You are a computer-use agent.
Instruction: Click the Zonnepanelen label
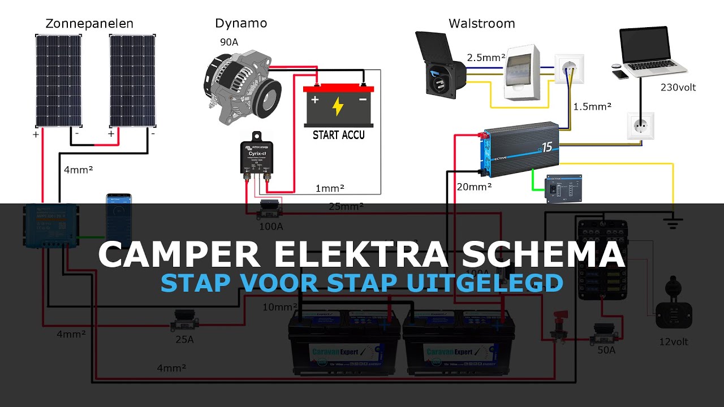pos(89,24)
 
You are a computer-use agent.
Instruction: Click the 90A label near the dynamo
pos(230,42)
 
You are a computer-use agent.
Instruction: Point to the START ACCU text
pos(339,135)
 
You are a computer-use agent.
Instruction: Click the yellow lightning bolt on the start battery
pos(338,106)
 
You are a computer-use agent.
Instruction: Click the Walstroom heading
pos(481,24)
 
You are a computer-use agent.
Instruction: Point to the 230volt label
pos(678,88)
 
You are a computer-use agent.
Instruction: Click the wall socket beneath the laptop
pos(640,125)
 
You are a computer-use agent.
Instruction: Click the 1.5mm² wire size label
pos(592,106)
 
